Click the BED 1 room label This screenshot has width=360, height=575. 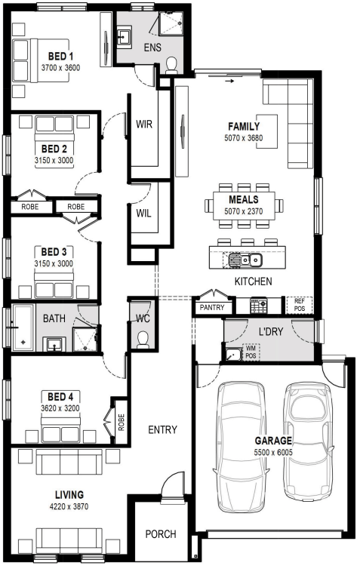click(60, 57)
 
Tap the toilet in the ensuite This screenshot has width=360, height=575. click(171, 65)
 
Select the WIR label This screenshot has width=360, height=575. click(144, 124)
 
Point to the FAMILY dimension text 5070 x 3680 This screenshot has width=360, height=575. click(244, 138)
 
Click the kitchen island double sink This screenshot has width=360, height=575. click(245, 260)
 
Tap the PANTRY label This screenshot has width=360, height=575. click(212, 307)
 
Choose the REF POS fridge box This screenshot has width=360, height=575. click(299, 305)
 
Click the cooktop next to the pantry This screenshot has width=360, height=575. click(258, 306)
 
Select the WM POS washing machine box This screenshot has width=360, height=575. click(251, 352)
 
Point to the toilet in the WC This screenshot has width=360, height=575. click(143, 340)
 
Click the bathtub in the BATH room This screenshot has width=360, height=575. click(23, 327)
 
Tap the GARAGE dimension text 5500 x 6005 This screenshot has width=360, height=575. click(273, 452)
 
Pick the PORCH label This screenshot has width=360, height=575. click(161, 534)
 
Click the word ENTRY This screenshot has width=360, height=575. click(162, 429)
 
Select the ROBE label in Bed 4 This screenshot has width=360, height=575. click(121, 422)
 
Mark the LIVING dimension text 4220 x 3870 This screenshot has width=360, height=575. click(69, 506)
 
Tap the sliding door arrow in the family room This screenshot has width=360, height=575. click(229, 81)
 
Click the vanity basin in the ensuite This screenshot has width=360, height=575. click(124, 37)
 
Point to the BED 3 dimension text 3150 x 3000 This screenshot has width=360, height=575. click(54, 263)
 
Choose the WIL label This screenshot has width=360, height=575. click(143, 213)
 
